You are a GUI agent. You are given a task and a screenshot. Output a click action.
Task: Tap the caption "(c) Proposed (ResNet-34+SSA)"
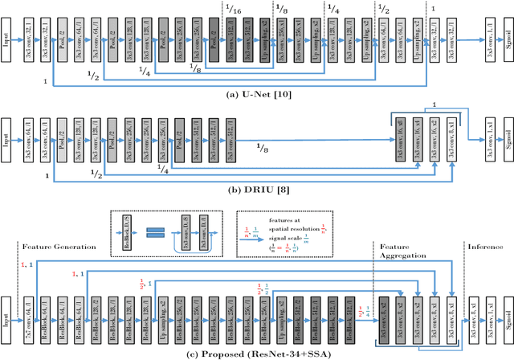(257, 354)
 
